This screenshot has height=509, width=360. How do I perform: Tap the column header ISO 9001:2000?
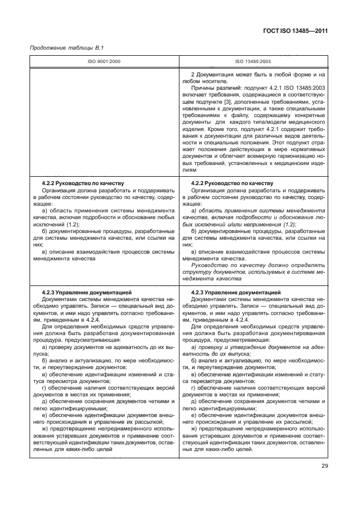(x=103, y=61)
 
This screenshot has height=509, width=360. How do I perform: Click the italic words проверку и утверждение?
(x=229, y=346)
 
